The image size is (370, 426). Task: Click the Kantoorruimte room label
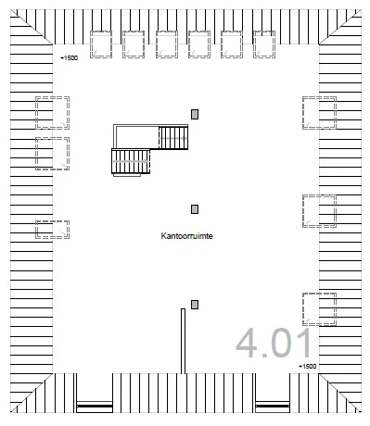click(187, 237)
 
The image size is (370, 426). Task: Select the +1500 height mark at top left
click(69, 58)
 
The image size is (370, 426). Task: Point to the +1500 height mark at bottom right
click(307, 368)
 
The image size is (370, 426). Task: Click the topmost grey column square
click(195, 114)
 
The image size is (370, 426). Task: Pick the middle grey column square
click(195, 209)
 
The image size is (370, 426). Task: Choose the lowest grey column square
click(195, 305)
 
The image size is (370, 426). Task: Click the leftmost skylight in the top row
click(101, 44)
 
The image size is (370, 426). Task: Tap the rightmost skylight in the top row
click(265, 44)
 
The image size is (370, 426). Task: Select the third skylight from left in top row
click(167, 44)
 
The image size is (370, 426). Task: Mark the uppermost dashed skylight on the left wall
click(52, 113)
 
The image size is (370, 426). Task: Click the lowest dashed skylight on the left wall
click(52, 229)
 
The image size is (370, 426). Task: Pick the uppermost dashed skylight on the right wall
click(318, 113)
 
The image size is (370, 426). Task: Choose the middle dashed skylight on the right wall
click(318, 210)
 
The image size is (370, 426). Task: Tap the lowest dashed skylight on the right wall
click(318, 307)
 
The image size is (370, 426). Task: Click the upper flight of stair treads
click(173, 138)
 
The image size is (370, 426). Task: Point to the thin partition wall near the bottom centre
click(183, 341)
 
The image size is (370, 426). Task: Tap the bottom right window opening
click(273, 404)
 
